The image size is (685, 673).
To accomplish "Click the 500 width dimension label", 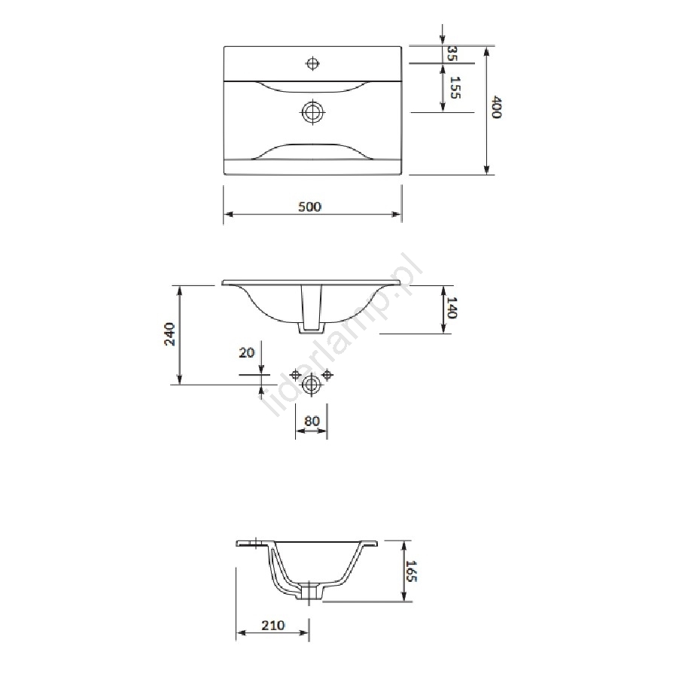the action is tap(309, 206).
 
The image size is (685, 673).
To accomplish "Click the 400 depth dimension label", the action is tap(496, 107).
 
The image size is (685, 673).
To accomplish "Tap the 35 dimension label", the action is tap(452, 53).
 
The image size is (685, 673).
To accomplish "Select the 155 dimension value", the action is tap(455, 87).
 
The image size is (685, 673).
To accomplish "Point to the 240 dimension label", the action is tap(169, 334).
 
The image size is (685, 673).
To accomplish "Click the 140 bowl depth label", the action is tap(452, 308).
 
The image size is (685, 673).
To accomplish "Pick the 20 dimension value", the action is tap(246, 352).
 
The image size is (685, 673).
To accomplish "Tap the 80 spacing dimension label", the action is tap(312, 421).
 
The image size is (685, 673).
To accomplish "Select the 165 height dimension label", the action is tap(412, 571).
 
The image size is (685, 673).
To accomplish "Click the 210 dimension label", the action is tap(273, 626).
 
